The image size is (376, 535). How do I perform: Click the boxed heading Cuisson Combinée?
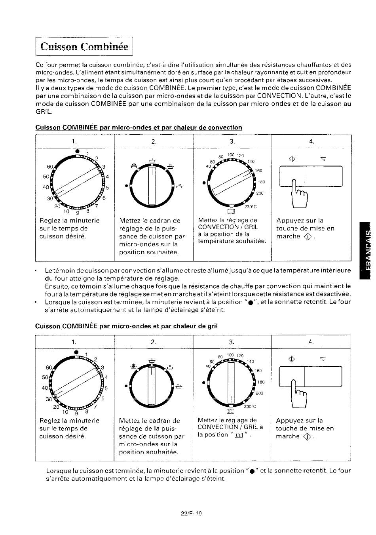click(84, 46)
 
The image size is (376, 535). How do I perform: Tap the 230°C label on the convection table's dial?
click(251, 207)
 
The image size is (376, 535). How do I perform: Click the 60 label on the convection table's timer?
click(49, 167)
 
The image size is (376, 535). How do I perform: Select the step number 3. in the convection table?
click(232, 141)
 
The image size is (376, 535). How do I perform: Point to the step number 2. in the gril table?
click(153, 342)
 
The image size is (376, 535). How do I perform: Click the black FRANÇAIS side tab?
click(365, 250)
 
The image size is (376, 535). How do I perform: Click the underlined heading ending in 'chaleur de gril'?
click(126, 326)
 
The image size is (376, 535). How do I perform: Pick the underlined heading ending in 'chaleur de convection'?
click(139, 127)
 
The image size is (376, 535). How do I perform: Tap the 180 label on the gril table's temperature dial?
click(261, 382)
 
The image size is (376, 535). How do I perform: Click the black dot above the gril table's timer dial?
click(76, 352)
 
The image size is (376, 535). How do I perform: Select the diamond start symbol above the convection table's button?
click(292, 158)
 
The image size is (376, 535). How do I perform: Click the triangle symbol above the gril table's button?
click(323, 359)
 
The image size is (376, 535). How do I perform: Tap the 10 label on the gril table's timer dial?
click(65, 412)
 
